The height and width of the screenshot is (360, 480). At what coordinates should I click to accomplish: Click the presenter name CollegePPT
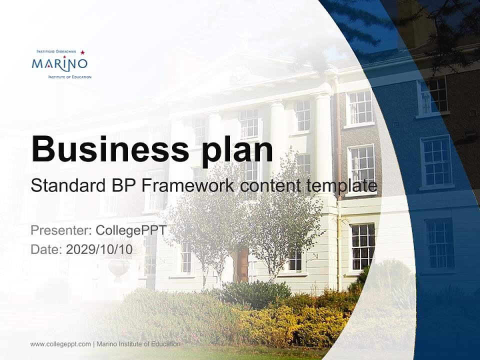131,230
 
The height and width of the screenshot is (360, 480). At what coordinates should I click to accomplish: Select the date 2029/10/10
99,249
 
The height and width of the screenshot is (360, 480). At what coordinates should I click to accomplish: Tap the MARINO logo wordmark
59,63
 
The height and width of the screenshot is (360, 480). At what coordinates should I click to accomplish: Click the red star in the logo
82,52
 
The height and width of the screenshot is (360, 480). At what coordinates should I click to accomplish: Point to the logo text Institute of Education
69,77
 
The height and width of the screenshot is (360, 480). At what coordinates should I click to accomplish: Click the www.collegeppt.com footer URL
60,344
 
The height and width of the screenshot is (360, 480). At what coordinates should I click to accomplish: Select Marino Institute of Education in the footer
138,344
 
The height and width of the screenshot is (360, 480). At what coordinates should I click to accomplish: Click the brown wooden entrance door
242,265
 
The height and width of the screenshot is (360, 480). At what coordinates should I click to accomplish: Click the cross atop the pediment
244,37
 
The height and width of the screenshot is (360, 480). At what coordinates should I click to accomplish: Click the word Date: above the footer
46,249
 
